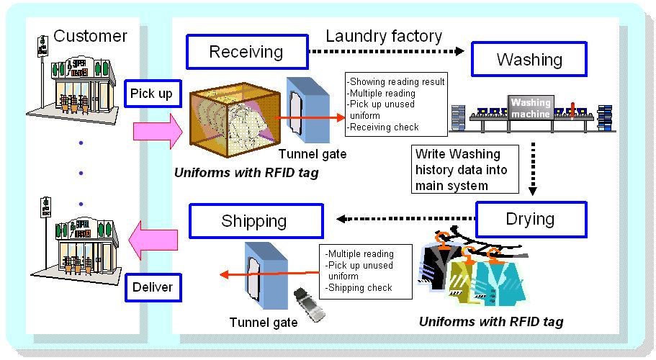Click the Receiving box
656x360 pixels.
(x=246, y=52)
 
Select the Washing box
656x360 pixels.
(x=529, y=59)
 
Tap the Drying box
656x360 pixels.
(x=531, y=219)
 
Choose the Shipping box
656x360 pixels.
(x=253, y=221)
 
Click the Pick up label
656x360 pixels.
(x=153, y=94)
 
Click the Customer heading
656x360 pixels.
(x=90, y=36)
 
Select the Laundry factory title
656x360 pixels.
(x=384, y=35)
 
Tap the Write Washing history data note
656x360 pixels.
(x=466, y=170)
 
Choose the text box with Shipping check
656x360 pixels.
(x=365, y=271)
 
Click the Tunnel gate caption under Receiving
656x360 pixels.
(x=313, y=153)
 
